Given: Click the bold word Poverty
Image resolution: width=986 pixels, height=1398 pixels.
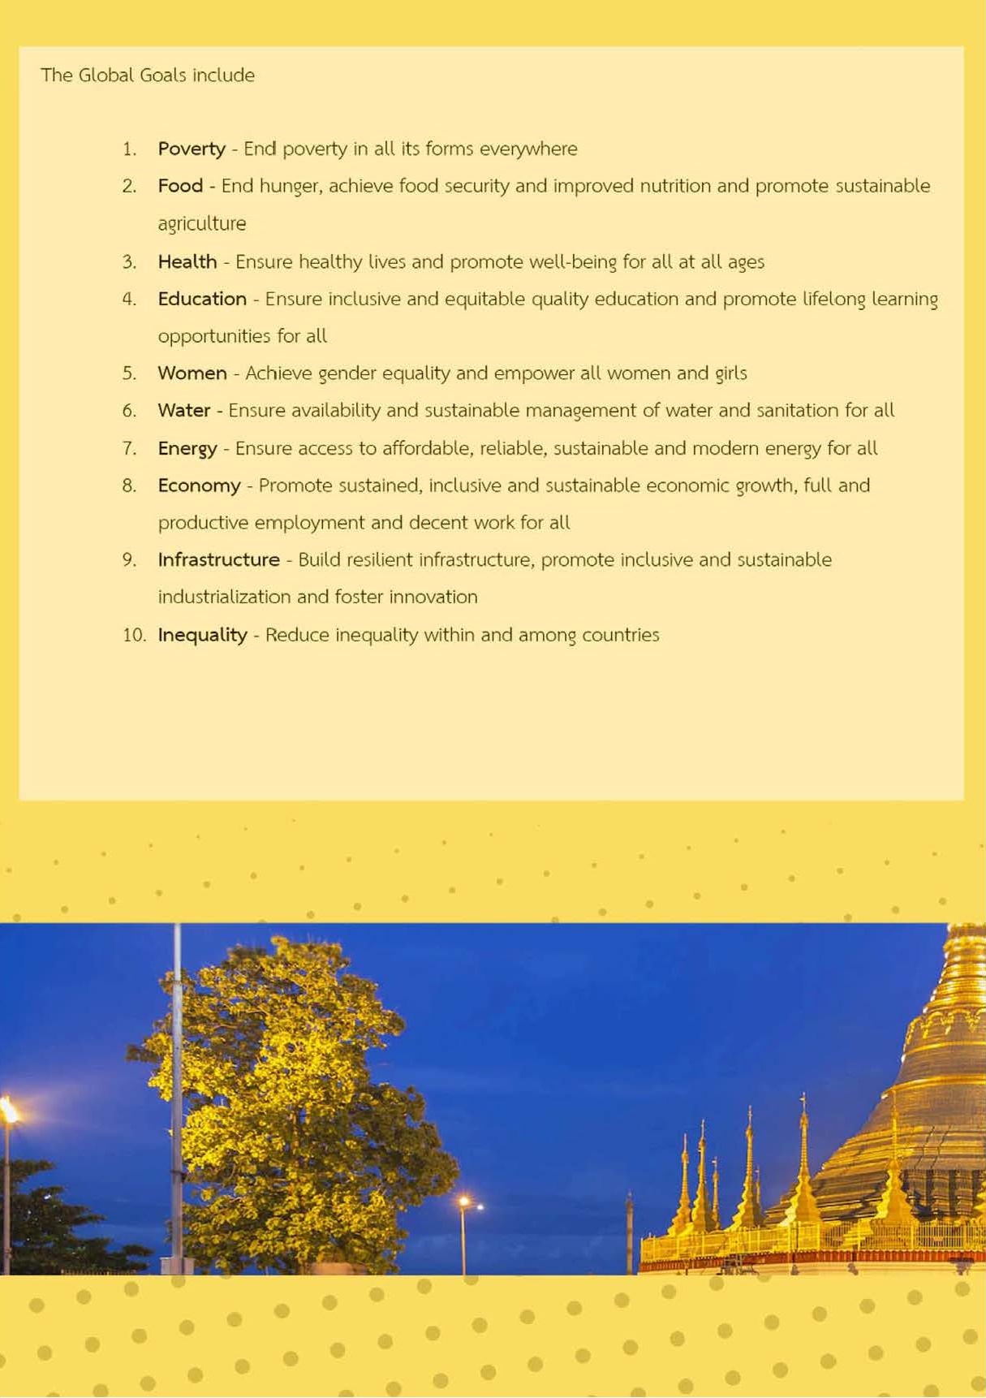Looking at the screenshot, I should [192, 149].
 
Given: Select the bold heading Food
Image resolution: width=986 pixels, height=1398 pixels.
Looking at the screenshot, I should [180, 186].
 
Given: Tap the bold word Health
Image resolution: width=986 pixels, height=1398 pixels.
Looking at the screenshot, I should [187, 261].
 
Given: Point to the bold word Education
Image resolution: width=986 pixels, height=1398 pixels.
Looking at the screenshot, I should [202, 299].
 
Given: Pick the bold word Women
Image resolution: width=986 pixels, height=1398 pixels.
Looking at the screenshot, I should [192, 373].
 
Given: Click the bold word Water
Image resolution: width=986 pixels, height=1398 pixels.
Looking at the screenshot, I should [184, 411].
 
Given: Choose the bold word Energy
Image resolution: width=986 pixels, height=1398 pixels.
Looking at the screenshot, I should [187, 449].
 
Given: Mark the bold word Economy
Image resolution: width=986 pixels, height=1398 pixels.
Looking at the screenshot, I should [199, 485].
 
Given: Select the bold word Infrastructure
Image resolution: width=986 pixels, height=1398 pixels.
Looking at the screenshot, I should [218, 560].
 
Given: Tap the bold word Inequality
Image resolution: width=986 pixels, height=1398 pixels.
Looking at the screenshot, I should [202, 635].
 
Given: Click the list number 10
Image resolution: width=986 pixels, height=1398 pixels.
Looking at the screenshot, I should [133, 635].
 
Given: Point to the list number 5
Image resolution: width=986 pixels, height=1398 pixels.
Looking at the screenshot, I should [129, 373].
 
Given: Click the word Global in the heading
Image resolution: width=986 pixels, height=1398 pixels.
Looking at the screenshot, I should [105, 76].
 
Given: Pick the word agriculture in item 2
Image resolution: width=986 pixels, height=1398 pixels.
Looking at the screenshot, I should [202, 224].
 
